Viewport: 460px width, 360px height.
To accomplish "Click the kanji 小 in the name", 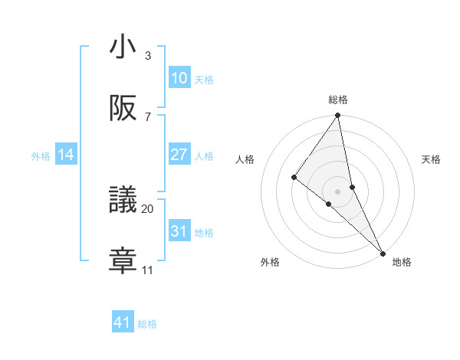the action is point(123,47).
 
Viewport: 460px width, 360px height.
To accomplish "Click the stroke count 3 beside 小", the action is point(148,56).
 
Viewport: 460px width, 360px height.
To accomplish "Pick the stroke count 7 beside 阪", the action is point(148,117).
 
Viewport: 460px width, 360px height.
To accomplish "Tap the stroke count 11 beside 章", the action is point(148,270).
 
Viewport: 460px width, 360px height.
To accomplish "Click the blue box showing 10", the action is point(179,78).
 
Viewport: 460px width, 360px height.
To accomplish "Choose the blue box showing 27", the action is point(179,155).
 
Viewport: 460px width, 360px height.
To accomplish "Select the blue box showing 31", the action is point(179,231).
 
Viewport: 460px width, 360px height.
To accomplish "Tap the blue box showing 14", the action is point(66,155).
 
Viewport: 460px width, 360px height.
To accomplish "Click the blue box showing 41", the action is point(123,323).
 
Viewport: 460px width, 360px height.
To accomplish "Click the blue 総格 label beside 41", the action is point(147,324).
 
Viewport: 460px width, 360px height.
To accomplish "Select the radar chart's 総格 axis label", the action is point(338,100).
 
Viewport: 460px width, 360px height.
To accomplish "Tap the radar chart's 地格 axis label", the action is point(402,262).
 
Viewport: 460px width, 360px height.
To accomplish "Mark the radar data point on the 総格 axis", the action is point(337,116).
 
